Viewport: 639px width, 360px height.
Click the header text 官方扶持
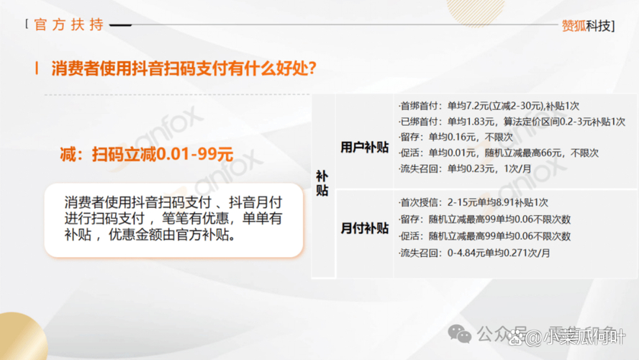(x=69, y=24)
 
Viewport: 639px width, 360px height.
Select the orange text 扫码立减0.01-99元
(x=148, y=153)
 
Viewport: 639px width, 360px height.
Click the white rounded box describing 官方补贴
(x=173, y=219)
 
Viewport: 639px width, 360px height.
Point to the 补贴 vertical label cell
(x=323, y=184)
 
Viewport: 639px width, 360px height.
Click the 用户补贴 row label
(x=364, y=147)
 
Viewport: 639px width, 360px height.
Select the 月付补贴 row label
(x=364, y=228)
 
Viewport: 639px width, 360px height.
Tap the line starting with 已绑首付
(x=512, y=122)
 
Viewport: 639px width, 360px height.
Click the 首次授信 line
(x=473, y=203)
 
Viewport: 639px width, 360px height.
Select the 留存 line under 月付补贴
(x=484, y=220)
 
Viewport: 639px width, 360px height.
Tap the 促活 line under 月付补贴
(x=484, y=236)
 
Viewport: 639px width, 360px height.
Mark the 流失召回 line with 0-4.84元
(x=474, y=253)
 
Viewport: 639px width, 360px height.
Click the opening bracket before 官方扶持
(x=27, y=24)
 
